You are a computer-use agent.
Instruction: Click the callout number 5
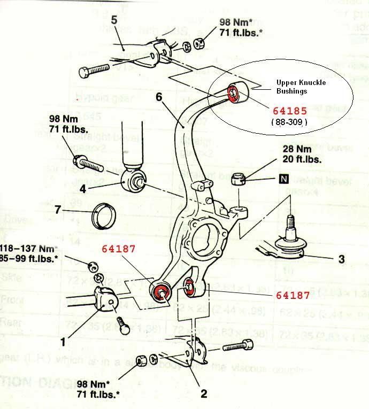pyautogui.click(x=114, y=20)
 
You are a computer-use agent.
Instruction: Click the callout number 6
pyautogui.click(x=159, y=97)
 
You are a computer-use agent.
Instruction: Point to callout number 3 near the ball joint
pyautogui.click(x=342, y=260)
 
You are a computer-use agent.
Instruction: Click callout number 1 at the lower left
pyautogui.click(x=64, y=340)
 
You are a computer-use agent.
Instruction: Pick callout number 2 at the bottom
pyautogui.click(x=203, y=395)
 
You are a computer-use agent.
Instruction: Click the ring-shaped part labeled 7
pyautogui.click(x=102, y=215)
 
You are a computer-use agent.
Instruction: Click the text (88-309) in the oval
pyautogui.click(x=289, y=122)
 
